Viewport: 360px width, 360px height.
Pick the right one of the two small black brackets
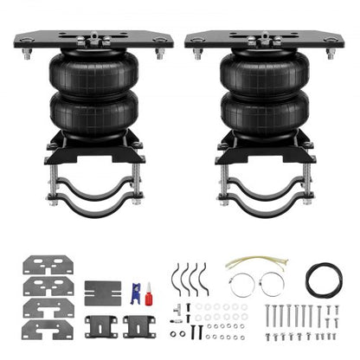click(x=139, y=325)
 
